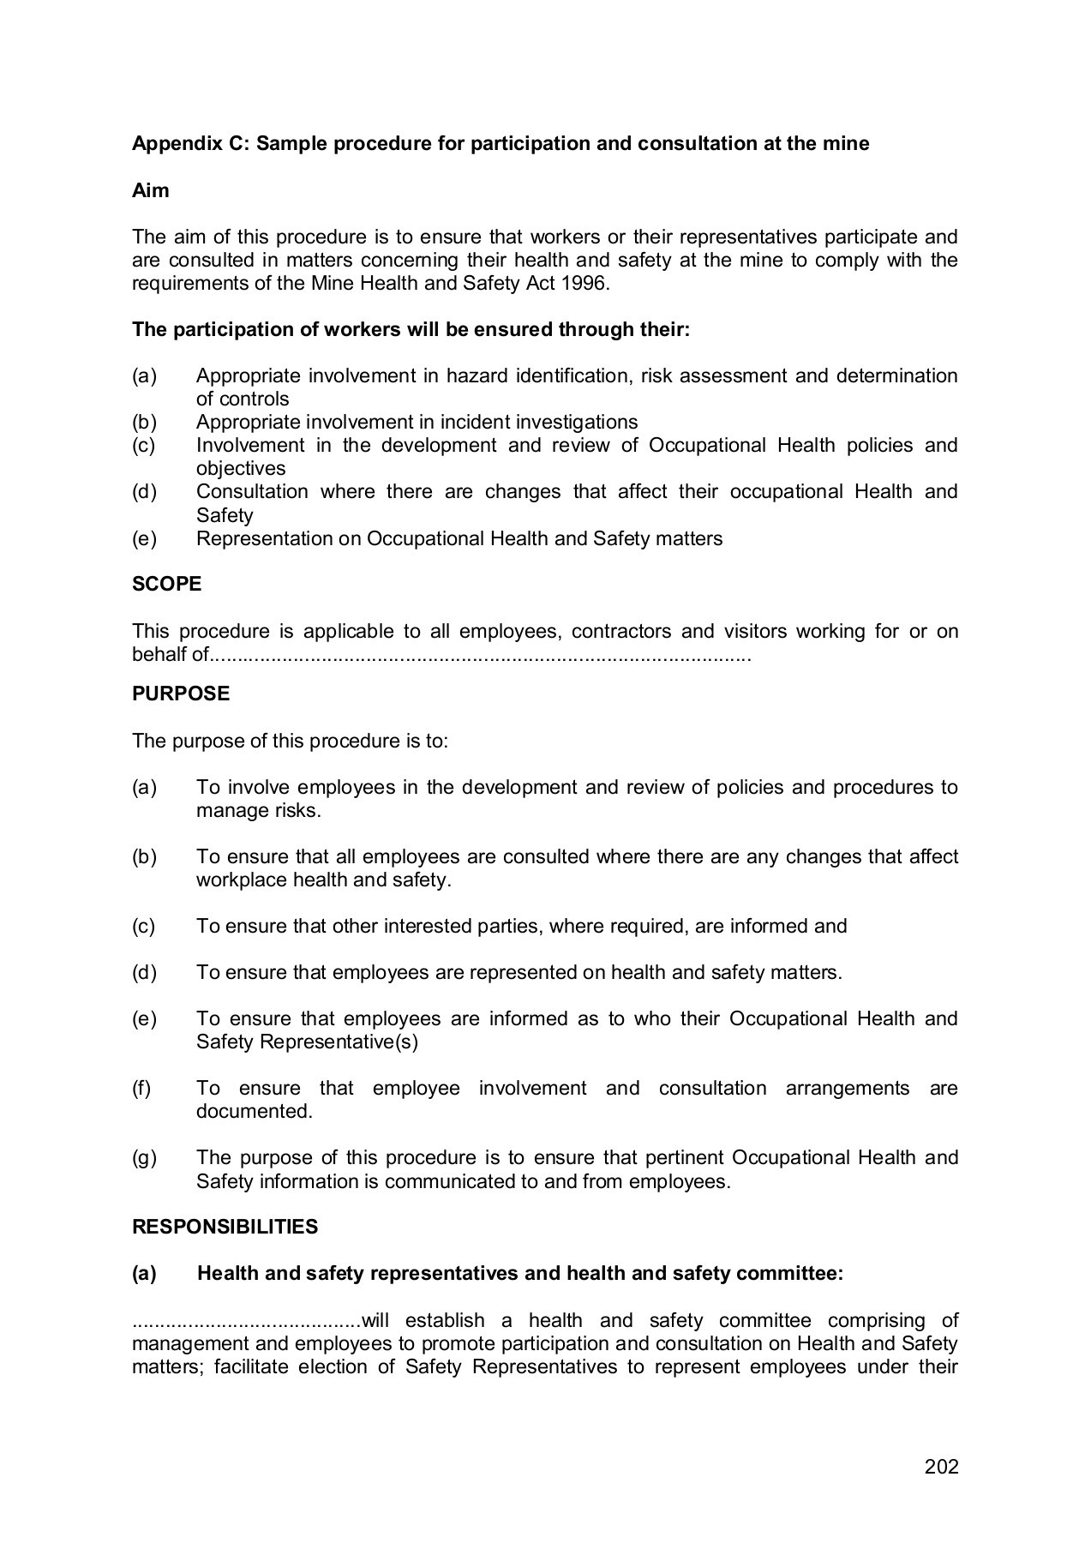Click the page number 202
tap(941, 1466)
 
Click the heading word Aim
tap(150, 190)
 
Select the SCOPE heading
tap(166, 584)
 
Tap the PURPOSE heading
tap(181, 693)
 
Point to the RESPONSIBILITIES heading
tap(225, 1227)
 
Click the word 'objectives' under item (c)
tap(241, 468)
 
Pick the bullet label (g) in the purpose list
tap(144, 1157)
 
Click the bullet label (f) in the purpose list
tap(141, 1088)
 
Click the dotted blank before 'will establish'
tap(247, 1321)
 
